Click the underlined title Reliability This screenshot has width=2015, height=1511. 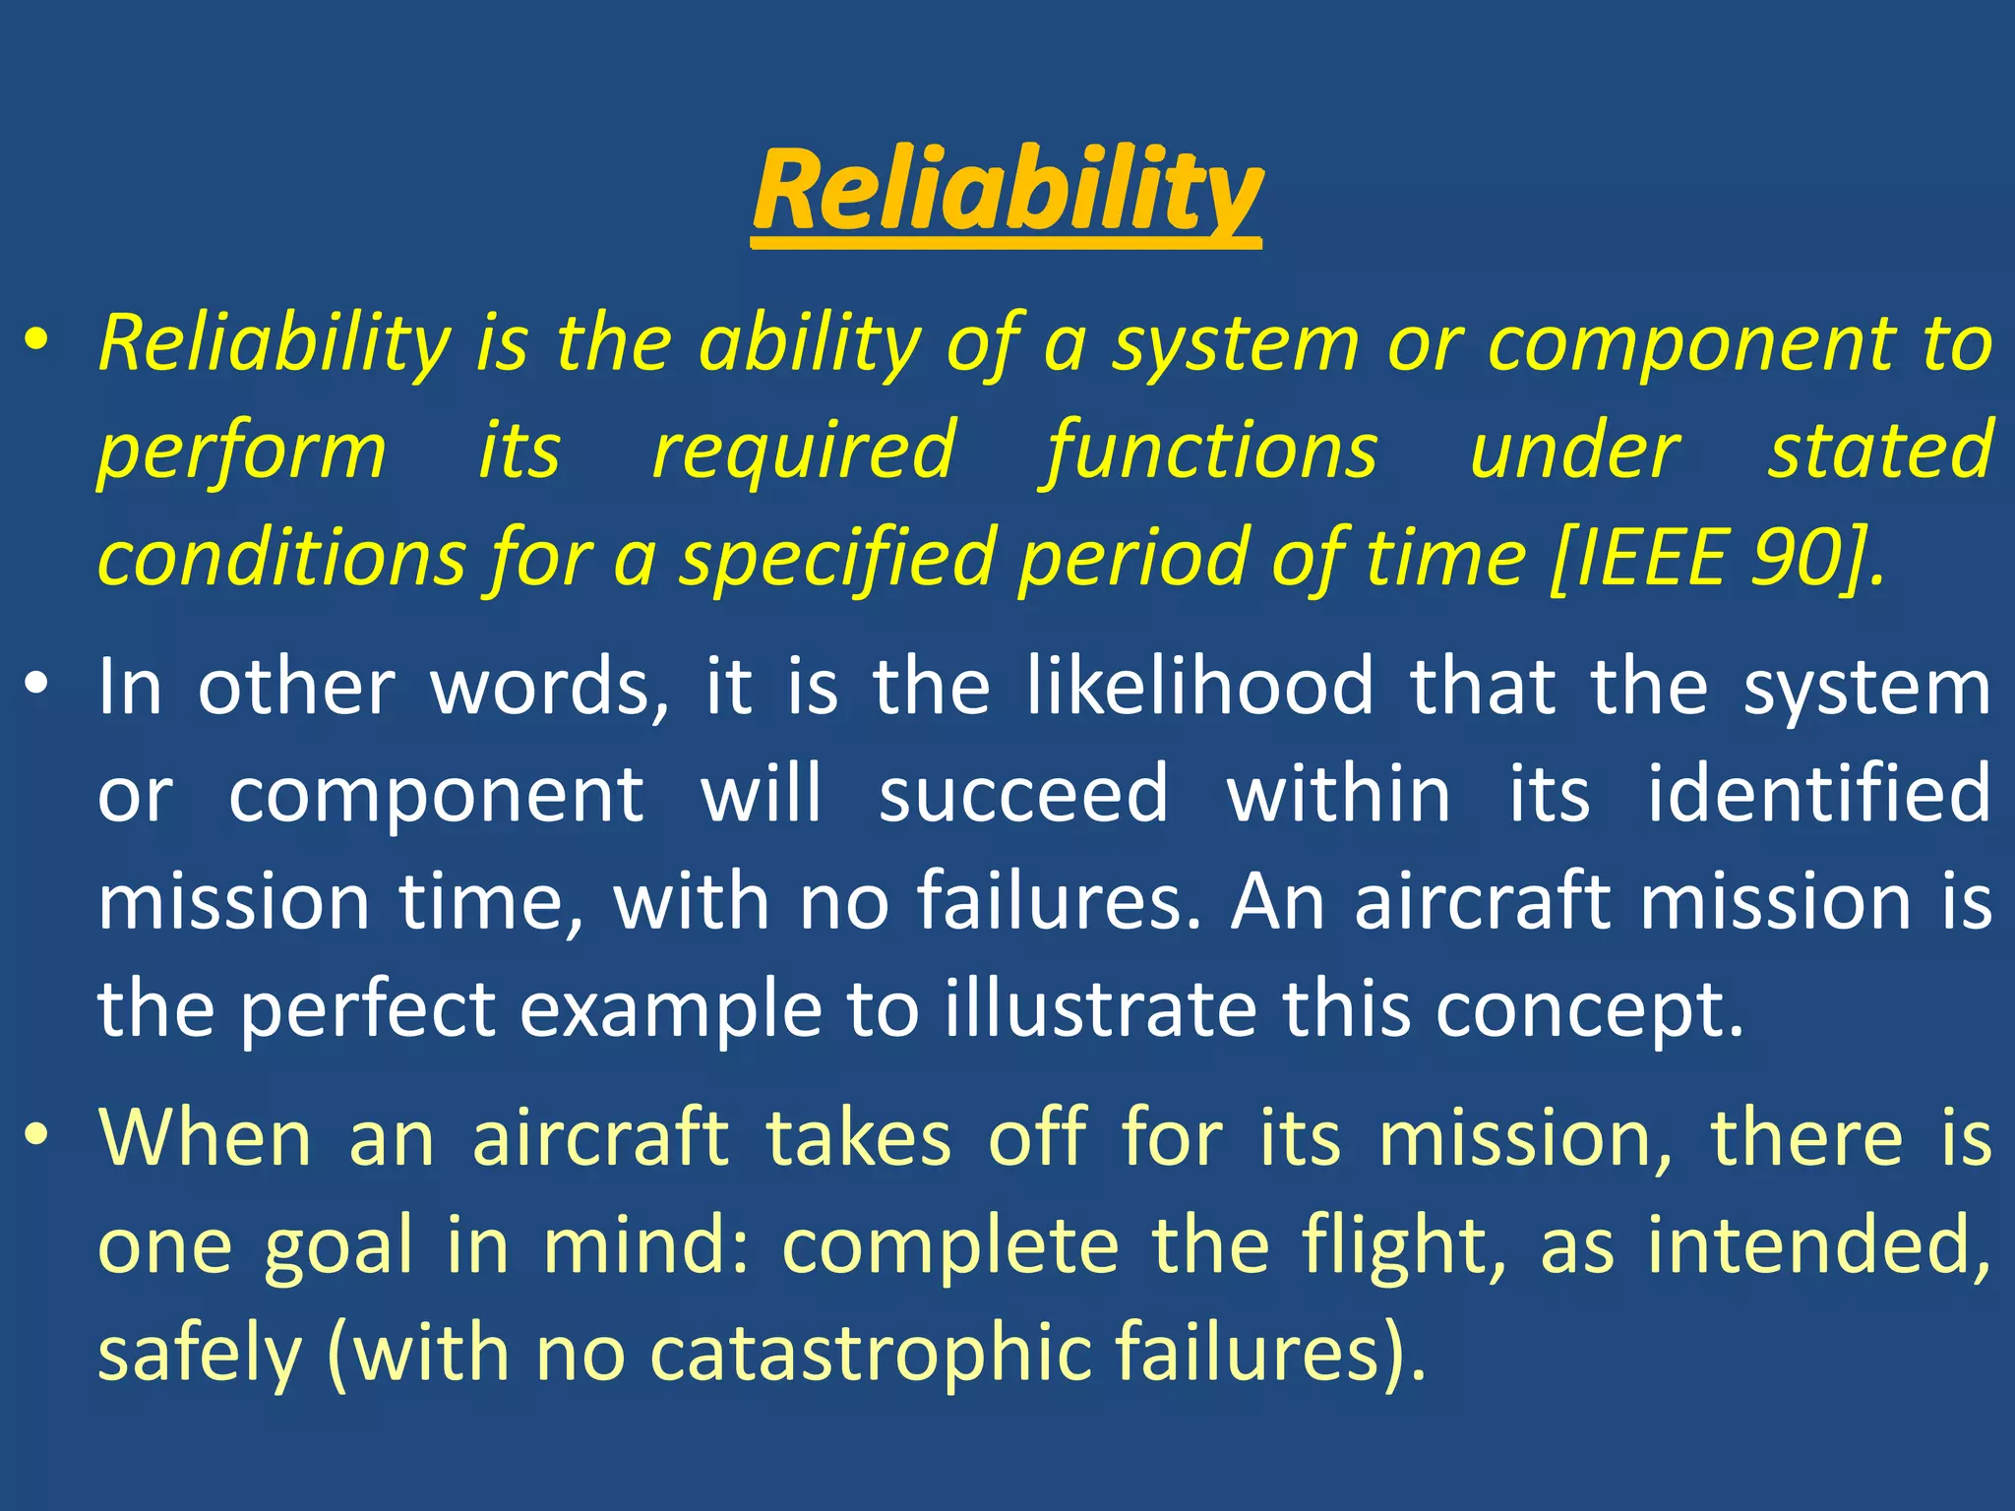(x=1006, y=191)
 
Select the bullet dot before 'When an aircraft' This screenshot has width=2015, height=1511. (x=37, y=1135)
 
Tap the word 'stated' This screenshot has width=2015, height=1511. (x=1879, y=451)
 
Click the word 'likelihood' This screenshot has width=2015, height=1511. (x=1200, y=686)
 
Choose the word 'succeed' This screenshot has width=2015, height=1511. (x=1023, y=794)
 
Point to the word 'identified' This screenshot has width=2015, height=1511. (x=1818, y=794)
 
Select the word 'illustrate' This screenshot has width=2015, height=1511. (x=1100, y=1009)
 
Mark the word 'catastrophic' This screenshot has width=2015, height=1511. (x=871, y=1354)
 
